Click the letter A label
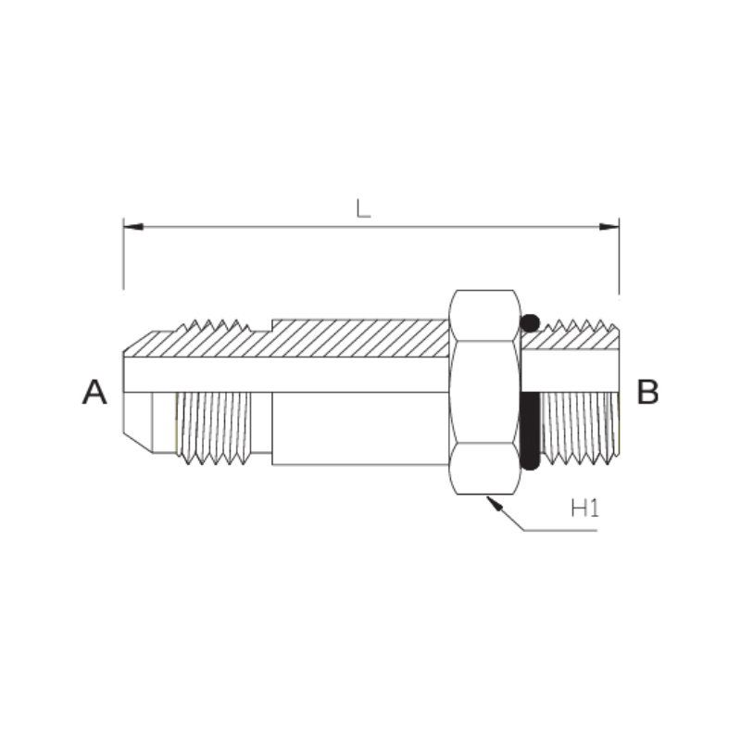pyautogui.click(x=94, y=392)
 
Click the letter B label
pyautogui.click(x=647, y=392)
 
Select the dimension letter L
pyautogui.click(x=364, y=207)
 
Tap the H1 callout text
pyautogui.click(x=584, y=508)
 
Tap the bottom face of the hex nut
pyautogui.click(x=484, y=468)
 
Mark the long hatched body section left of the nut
pyautogui.click(x=352, y=338)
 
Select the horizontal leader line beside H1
pyautogui.click(x=560, y=531)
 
